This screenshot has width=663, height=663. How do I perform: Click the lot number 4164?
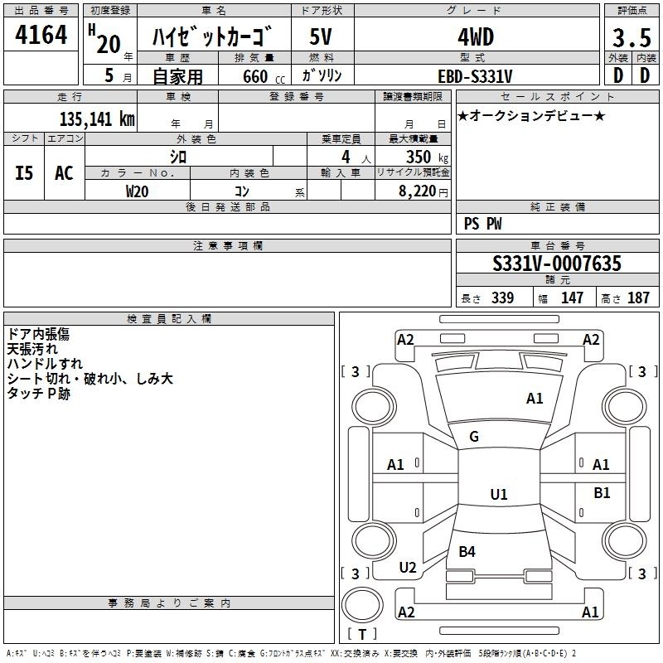tap(41, 35)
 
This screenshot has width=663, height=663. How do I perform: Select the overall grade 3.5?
tap(632, 37)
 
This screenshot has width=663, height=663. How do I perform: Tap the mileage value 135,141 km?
tap(97, 119)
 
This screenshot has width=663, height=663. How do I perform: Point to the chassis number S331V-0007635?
tap(557, 263)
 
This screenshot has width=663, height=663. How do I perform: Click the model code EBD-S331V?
tap(475, 76)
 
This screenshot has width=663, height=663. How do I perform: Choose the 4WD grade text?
tap(476, 37)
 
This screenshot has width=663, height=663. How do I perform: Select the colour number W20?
tap(137, 191)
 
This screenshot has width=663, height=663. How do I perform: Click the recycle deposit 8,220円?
tap(423, 191)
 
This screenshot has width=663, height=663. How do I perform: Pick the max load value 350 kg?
tap(427, 157)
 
